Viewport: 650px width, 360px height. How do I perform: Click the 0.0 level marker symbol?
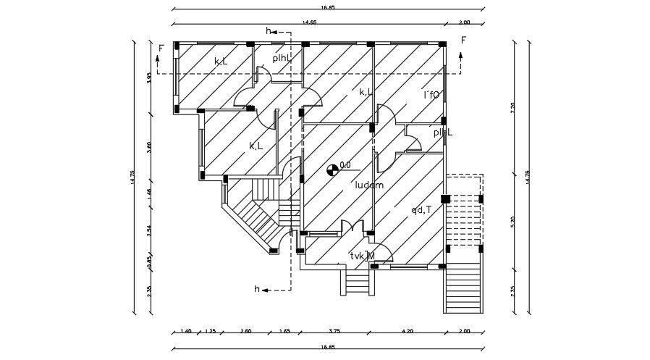point(332,169)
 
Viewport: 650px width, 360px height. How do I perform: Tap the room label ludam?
point(368,185)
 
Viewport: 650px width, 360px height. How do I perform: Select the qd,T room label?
point(421,210)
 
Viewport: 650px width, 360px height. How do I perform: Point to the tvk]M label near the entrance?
point(362,256)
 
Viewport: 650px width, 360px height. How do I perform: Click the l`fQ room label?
point(431,95)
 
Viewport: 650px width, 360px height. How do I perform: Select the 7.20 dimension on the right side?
point(512,107)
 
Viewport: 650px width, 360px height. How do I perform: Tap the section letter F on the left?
point(161,48)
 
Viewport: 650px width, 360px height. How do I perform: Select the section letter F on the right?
point(463,40)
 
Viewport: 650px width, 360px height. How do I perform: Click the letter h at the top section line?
point(269,31)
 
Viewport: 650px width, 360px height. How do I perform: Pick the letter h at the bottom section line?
point(256,289)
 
